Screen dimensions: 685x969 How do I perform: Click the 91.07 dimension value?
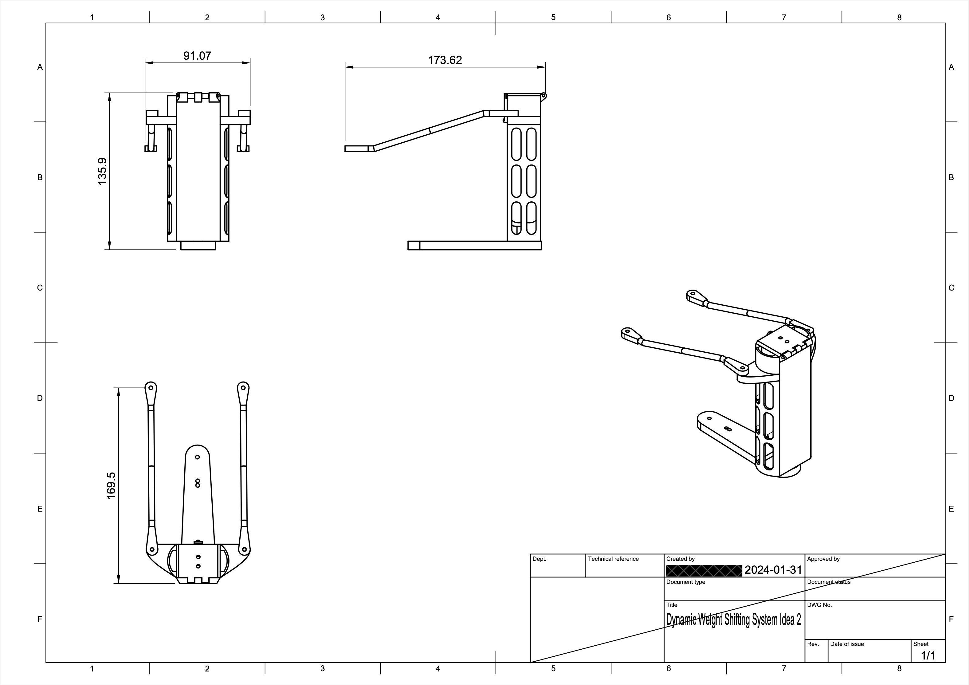click(197, 56)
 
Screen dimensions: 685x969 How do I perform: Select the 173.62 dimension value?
click(445, 60)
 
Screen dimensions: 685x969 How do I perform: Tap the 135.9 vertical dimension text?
click(102, 171)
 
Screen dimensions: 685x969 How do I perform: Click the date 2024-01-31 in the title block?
click(773, 570)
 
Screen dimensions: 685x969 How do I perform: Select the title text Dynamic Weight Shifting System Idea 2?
click(733, 620)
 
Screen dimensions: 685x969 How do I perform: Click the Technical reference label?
click(613, 559)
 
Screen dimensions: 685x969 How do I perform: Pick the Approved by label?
click(823, 559)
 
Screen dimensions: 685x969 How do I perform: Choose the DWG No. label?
click(819, 605)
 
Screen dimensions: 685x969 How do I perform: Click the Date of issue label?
click(847, 644)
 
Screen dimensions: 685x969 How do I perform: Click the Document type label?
click(685, 582)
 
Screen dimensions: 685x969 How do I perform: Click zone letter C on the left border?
click(40, 287)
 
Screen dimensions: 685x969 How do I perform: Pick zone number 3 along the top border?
click(323, 17)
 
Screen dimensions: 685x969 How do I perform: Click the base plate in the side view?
click(474, 245)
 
